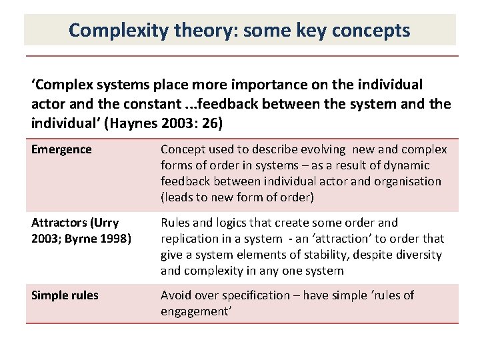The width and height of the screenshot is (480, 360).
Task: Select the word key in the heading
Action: (286, 30)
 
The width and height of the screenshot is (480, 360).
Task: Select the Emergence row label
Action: (61, 149)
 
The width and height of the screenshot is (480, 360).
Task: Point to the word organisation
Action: (407, 181)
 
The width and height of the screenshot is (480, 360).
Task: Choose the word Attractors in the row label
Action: (59, 223)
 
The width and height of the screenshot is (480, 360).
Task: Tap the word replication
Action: (189, 239)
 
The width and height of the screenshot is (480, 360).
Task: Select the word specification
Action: (261, 295)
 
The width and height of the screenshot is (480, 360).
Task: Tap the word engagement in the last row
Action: (194, 311)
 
